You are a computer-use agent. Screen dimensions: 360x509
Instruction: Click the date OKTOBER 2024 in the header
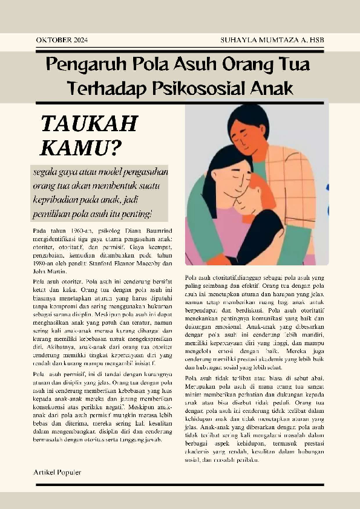coord(62,40)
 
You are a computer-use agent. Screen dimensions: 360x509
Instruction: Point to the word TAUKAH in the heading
coord(90,123)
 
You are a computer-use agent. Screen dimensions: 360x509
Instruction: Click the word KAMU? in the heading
coord(80,147)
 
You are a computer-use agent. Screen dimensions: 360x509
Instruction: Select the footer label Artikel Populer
coord(57,472)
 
